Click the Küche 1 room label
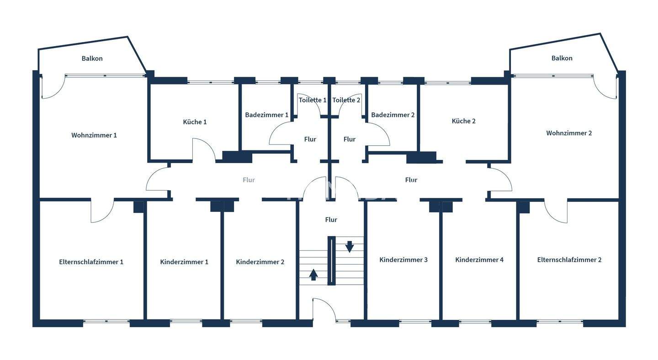tap(195, 122)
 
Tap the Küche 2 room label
tap(463, 121)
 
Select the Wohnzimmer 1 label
tap(94, 135)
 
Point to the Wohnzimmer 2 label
tap(569, 133)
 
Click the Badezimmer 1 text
tap(266, 115)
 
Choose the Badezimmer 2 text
tap(393, 115)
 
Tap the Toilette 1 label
tap(313, 100)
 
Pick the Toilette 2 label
tap(346, 100)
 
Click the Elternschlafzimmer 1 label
tap(91, 262)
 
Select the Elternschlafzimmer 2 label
tap(569, 259)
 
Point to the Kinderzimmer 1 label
tap(184, 262)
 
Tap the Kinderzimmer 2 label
tap(260, 262)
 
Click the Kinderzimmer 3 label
tap(403, 259)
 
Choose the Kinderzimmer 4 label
tap(479, 259)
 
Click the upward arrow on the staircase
tap(313, 274)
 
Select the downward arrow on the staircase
tap(350, 247)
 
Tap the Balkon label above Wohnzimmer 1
tap(92, 58)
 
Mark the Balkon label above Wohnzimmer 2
tap(562, 58)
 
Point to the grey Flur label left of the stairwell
tap(249, 180)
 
